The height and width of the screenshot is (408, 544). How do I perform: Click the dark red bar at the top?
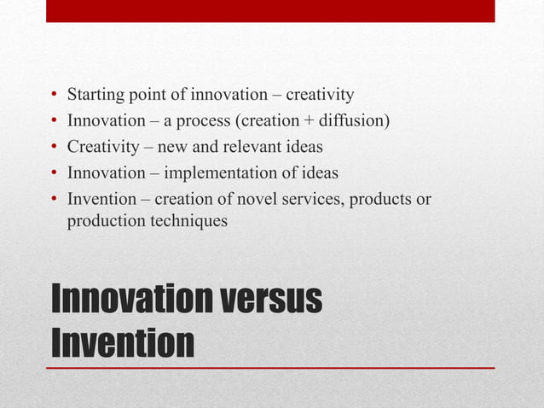pyautogui.click(x=270, y=10)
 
